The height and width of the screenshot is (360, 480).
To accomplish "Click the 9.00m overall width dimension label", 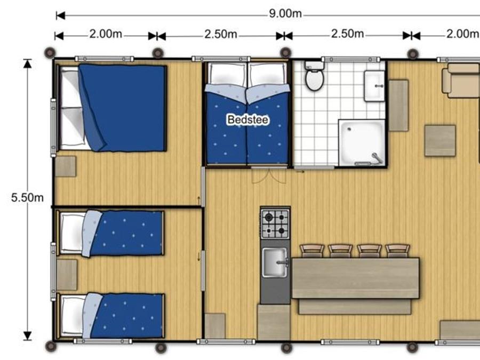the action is pyautogui.click(x=285, y=14).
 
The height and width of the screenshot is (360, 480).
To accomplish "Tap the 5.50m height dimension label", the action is pyautogui.click(x=27, y=198).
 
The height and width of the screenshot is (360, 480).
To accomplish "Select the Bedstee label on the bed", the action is pyautogui.click(x=248, y=119).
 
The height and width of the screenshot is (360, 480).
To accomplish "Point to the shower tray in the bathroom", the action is pyautogui.click(x=362, y=142).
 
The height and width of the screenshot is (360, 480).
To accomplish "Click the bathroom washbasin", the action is pyautogui.click(x=374, y=86).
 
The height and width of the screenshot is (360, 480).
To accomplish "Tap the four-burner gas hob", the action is pyautogui.click(x=275, y=224).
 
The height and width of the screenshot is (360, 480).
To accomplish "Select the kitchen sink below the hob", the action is pyautogui.click(x=275, y=262).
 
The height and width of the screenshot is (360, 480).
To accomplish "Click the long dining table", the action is pyautogui.click(x=355, y=278).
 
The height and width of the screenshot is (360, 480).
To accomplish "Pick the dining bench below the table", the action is pyautogui.click(x=355, y=307).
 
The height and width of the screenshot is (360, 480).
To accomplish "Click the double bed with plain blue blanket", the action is pyautogui.click(x=113, y=108).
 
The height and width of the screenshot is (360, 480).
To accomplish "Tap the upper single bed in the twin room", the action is pyautogui.click(x=111, y=233).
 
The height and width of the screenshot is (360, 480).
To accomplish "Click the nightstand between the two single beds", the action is pyautogui.click(x=67, y=275).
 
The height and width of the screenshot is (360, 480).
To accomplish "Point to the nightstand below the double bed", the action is pyautogui.click(x=66, y=166).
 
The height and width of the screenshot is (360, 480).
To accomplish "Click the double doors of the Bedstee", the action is pyautogui.click(x=269, y=175).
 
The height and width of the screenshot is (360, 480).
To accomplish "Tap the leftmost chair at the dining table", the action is pyautogui.click(x=312, y=251).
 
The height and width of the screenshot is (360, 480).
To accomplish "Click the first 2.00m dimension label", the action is pyautogui.click(x=106, y=34).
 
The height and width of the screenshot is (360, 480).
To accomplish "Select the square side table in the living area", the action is pyautogui.click(x=440, y=140).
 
